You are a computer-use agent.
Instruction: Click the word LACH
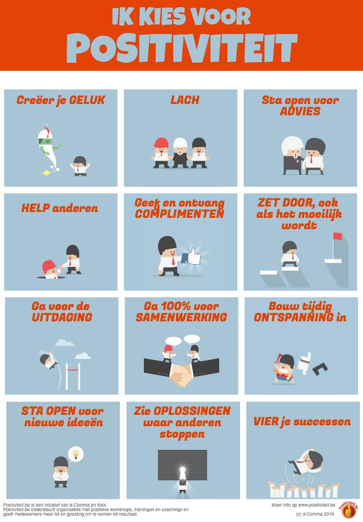(x=185, y=100)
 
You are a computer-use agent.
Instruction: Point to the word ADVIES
(x=300, y=111)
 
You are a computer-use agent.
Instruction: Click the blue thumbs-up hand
(x=191, y=256)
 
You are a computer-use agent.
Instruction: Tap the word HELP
(x=35, y=209)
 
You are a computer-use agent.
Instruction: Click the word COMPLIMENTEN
(x=180, y=213)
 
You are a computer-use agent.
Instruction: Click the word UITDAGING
(x=62, y=317)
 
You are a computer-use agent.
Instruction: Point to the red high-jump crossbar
(x=73, y=371)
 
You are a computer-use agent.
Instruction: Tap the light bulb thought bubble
(x=76, y=453)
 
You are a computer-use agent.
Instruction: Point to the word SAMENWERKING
(x=181, y=317)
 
